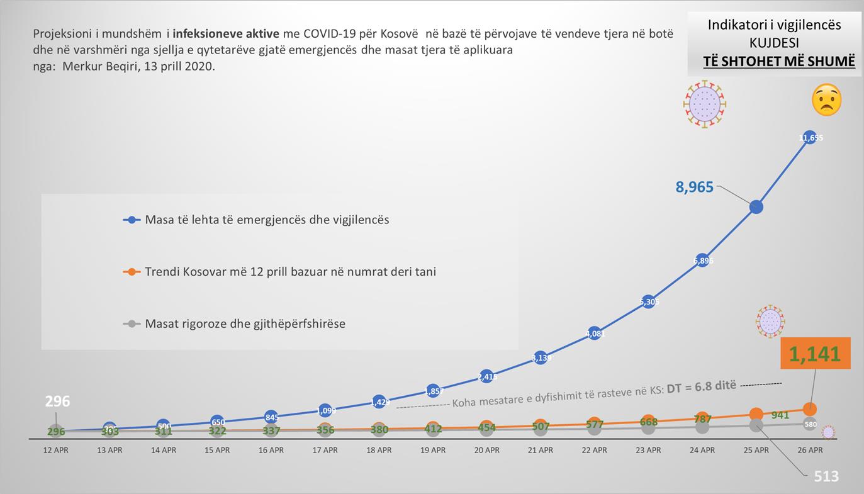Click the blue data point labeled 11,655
click(x=810, y=137)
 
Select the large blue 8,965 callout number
click(x=695, y=187)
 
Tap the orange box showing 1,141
click(x=815, y=354)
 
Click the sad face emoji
click(x=826, y=100)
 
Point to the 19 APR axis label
click(x=433, y=450)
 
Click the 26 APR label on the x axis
click(x=810, y=450)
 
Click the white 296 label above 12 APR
click(x=57, y=401)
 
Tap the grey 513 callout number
click(x=826, y=476)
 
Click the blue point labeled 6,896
click(x=702, y=260)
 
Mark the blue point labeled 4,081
click(x=595, y=334)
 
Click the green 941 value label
click(x=780, y=415)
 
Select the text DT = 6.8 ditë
click(x=701, y=386)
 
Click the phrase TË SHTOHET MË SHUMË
click(x=779, y=61)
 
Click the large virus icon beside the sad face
click(x=705, y=104)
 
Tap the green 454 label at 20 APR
click(x=486, y=428)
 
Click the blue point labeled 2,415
click(x=486, y=377)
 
